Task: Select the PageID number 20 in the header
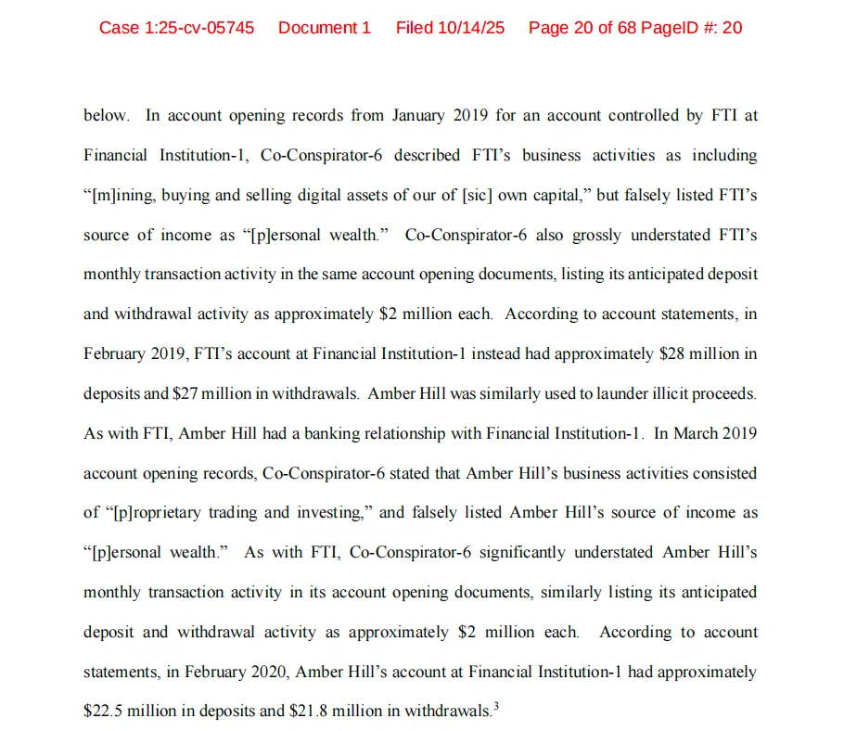732,28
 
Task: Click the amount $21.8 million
363,711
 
